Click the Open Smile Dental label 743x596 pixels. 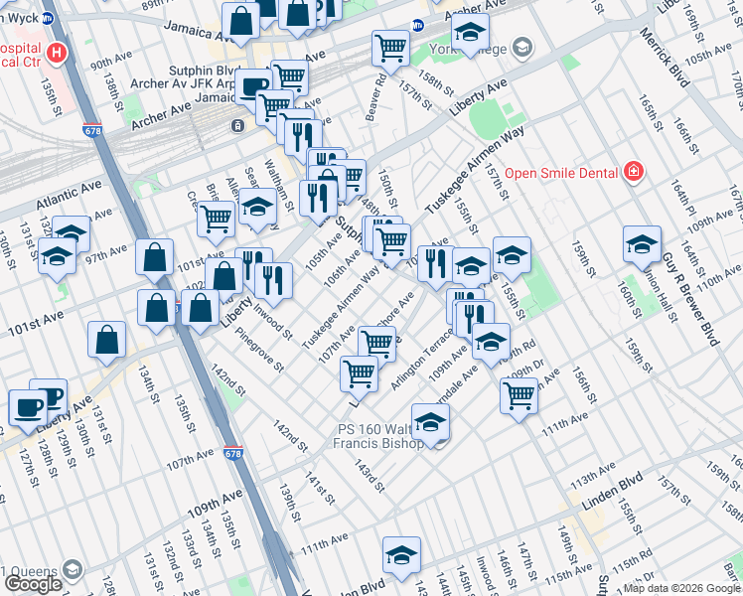pyautogui.click(x=561, y=173)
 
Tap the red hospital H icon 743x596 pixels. pyautogui.click(x=59, y=54)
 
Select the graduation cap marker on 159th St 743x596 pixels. pyautogui.click(x=642, y=243)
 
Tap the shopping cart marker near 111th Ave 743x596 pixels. pyautogui.click(x=519, y=395)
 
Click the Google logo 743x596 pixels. pyautogui.click(x=33, y=584)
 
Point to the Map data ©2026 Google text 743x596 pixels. pyautogui.click(x=680, y=588)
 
